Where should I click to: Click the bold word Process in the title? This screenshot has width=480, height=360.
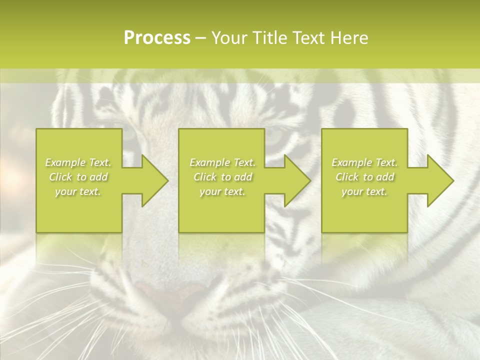(157, 38)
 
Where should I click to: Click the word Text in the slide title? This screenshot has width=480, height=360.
(309, 38)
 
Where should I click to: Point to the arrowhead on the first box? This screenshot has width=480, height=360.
(152, 180)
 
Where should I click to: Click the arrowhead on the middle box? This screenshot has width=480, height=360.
(295, 180)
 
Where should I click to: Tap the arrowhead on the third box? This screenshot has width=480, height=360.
(438, 180)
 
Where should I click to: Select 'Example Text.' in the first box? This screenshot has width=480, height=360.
(78, 162)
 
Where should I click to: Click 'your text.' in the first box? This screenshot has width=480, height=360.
(78, 191)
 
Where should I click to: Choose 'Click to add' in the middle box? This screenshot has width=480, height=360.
(222, 177)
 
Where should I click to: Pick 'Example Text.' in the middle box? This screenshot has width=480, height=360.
(222, 162)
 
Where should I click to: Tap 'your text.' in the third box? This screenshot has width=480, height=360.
(364, 191)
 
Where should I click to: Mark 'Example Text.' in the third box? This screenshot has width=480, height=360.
(364, 162)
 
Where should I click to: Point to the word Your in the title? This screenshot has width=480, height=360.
(228, 38)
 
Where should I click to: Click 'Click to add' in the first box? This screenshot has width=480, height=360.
(78, 177)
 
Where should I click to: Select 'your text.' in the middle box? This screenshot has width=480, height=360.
(222, 191)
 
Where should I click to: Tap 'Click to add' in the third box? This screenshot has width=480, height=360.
(364, 177)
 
